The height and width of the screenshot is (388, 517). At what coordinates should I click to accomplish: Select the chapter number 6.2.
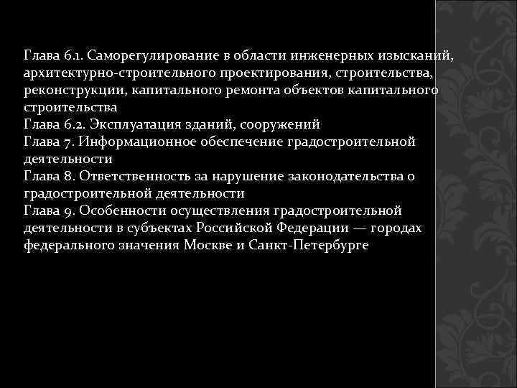69,124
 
